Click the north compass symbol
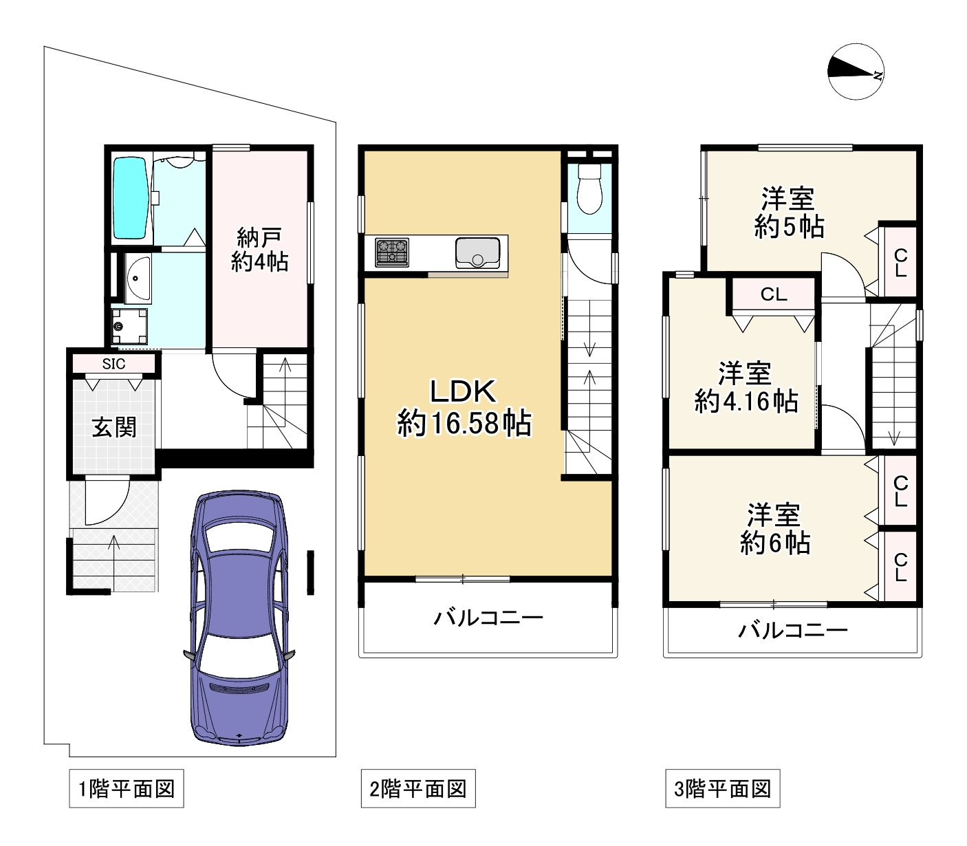click(856, 72)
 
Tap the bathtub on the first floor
click(130, 198)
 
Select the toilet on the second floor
click(589, 188)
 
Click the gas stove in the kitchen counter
click(392, 252)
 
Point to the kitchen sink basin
click(478, 253)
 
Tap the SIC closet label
click(114, 363)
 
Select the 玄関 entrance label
click(114, 427)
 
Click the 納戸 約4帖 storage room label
click(259, 250)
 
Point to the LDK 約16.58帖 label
click(464, 407)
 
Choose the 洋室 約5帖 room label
click(788, 213)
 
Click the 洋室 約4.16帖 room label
click(746, 387)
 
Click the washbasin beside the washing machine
click(138, 279)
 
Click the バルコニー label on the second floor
click(488, 618)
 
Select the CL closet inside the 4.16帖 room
click(774, 294)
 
